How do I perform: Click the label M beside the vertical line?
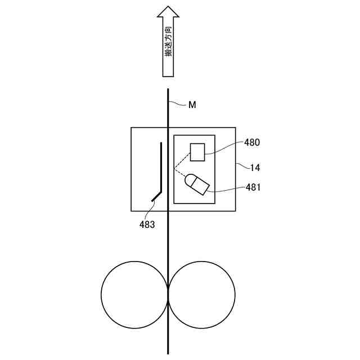tap(192, 105)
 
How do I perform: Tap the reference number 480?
tap(252, 142)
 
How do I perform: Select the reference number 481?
tap(253, 187)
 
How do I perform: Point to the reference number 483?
tap(147, 224)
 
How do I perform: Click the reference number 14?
tap(255, 167)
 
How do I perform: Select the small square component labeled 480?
tap(197, 152)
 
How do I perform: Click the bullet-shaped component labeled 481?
tap(197, 184)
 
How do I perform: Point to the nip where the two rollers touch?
tap(168, 293)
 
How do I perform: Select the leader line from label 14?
tap(242, 165)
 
